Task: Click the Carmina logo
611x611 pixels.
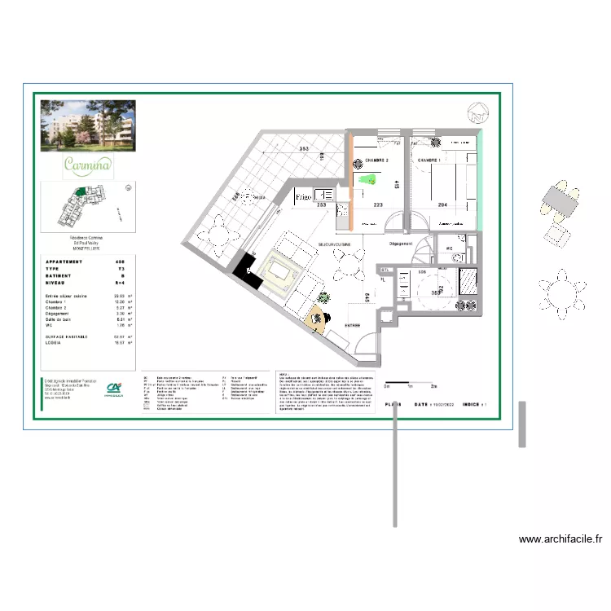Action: pyautogui.click(x=88, y=165)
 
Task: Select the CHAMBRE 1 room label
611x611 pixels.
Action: pyautogui.click(x=430, y=160)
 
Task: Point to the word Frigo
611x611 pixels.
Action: pyautogui.click(x=304, y=197)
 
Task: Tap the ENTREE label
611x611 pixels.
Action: pyautogui.click(x=352, y=325)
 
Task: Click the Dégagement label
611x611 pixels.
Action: pyautogui.click(x=402, y=243)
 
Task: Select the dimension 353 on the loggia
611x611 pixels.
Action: pyautogui.click(x=304, y=149)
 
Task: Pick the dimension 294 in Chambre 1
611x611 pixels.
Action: pyautogui.click(x=443, y=205)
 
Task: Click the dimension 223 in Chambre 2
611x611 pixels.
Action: pyautogui.click(x=379, y=205)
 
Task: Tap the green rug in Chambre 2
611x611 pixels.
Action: pyautogui.click(x=368, y=182)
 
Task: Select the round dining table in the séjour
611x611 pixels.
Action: pyautogui.click(x=350, y=264)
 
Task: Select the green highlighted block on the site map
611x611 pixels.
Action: pyautogui.click(x=81, y=191)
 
